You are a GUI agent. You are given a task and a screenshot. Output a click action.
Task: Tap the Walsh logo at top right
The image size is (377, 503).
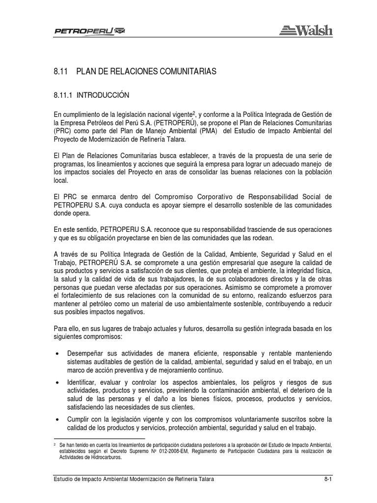pos(306,30)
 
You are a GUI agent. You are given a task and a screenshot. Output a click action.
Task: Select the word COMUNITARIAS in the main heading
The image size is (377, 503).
pos(189,72)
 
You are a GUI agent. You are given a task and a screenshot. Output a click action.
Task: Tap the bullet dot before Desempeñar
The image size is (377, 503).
pos(58,353)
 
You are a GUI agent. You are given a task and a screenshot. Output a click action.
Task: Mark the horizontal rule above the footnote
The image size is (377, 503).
pos(99,438)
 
